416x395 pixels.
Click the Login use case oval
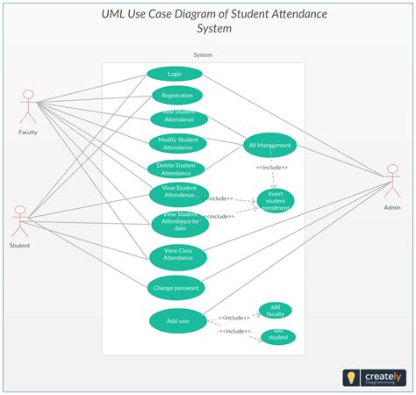coord(175,75)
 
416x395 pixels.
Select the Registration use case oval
coord(177,96)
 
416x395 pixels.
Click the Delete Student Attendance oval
coord(176,169)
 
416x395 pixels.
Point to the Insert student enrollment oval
coord(275,201)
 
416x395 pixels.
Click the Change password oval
coord(176,287)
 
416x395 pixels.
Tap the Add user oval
coord(178,321)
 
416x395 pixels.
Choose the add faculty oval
coord(276,311)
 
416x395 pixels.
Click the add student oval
coord(278,337)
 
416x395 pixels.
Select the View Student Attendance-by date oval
coord(180,224)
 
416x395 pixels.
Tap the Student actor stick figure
coord(19,221)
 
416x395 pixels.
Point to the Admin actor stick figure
coord(391,182)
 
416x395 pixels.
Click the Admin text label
coord(391,208)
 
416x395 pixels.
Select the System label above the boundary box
coord(203,54)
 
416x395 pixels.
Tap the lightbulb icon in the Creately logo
coord(352,377)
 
